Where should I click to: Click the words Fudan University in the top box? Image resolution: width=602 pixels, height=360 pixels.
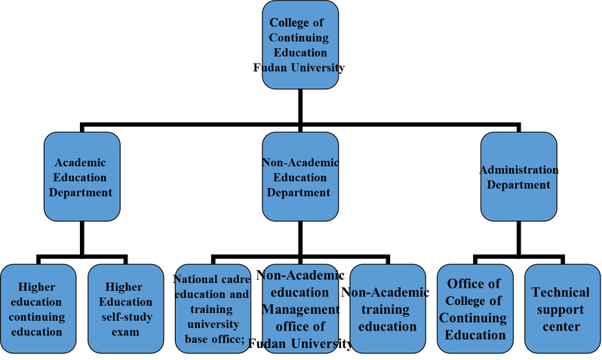pyautogui.click(x=299, y=67)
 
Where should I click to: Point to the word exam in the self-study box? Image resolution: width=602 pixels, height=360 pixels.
pyautogui.click(x=124, y=332)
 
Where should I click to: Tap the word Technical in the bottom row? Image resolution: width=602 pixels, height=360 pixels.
pyautogui.click(x=561, y=291)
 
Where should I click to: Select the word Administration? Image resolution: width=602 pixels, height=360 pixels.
pyautogui.click(x=519, y=170)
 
